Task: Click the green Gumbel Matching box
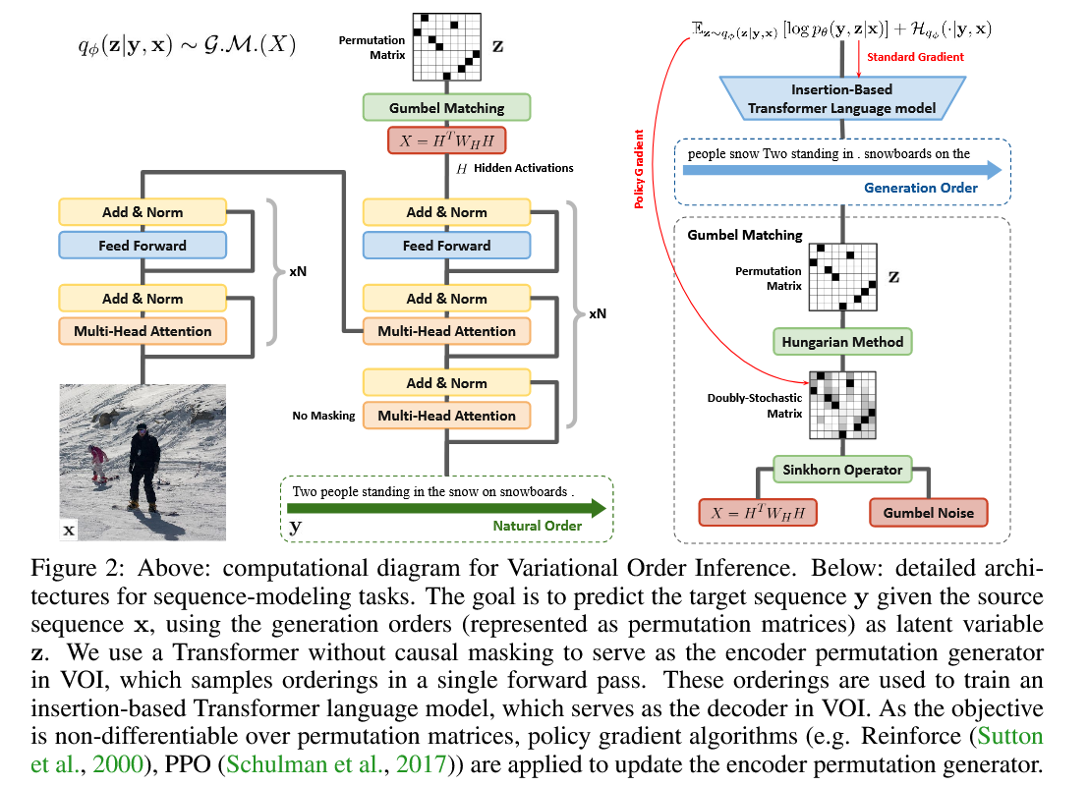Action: [446, 108]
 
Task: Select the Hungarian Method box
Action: [842, 342]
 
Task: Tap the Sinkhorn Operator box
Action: [842, 469]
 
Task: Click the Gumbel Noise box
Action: [928, 512]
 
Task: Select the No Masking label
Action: [323, 416]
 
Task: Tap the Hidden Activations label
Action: [523, 169]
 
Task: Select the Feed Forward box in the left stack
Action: [143, 245]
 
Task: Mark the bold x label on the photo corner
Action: [69, 531]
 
